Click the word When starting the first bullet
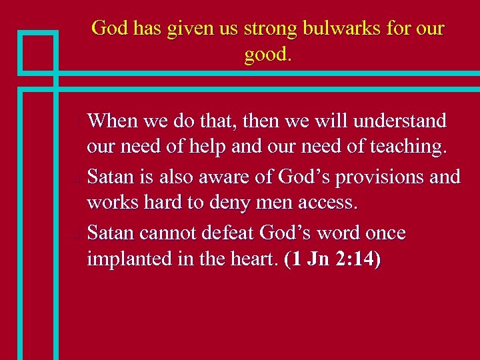point(113,121)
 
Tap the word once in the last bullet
point(383,233)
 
